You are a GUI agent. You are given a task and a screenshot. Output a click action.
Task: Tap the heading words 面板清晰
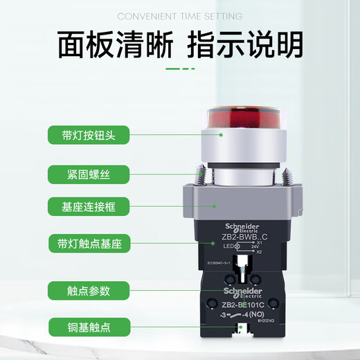(x=114, y=44)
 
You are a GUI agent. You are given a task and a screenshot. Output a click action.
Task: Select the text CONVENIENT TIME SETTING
(x=179, y=16)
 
